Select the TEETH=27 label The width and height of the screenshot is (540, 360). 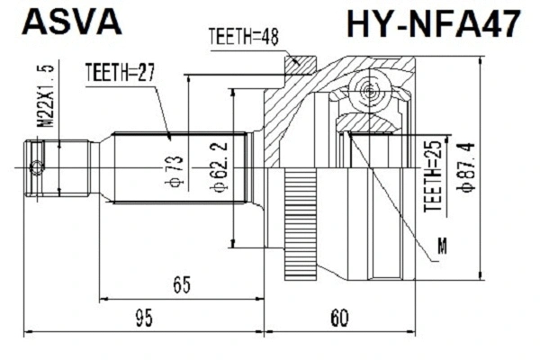[120, 71]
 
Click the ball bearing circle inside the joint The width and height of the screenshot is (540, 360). [368, 90]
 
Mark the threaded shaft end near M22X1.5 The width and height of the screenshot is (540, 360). [63, 167]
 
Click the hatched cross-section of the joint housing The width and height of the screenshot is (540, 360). [288, 117]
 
